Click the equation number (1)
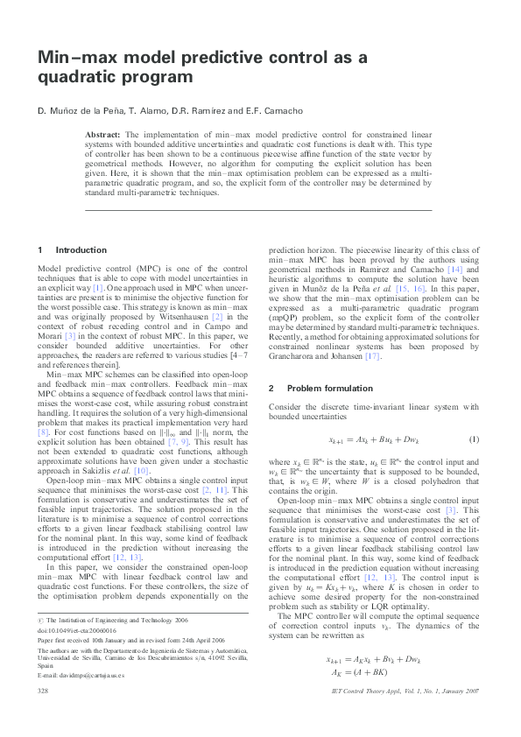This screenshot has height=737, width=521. (x=474, y=439)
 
